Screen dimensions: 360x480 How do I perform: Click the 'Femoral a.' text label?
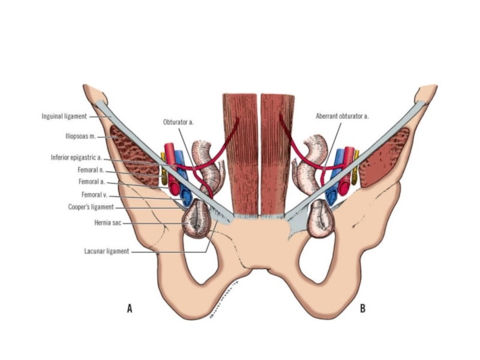91,182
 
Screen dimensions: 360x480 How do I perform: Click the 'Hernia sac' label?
107,222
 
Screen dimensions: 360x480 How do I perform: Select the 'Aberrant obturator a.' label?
342,116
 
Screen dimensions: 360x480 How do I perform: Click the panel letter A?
129,308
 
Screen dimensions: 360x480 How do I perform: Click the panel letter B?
362,308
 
